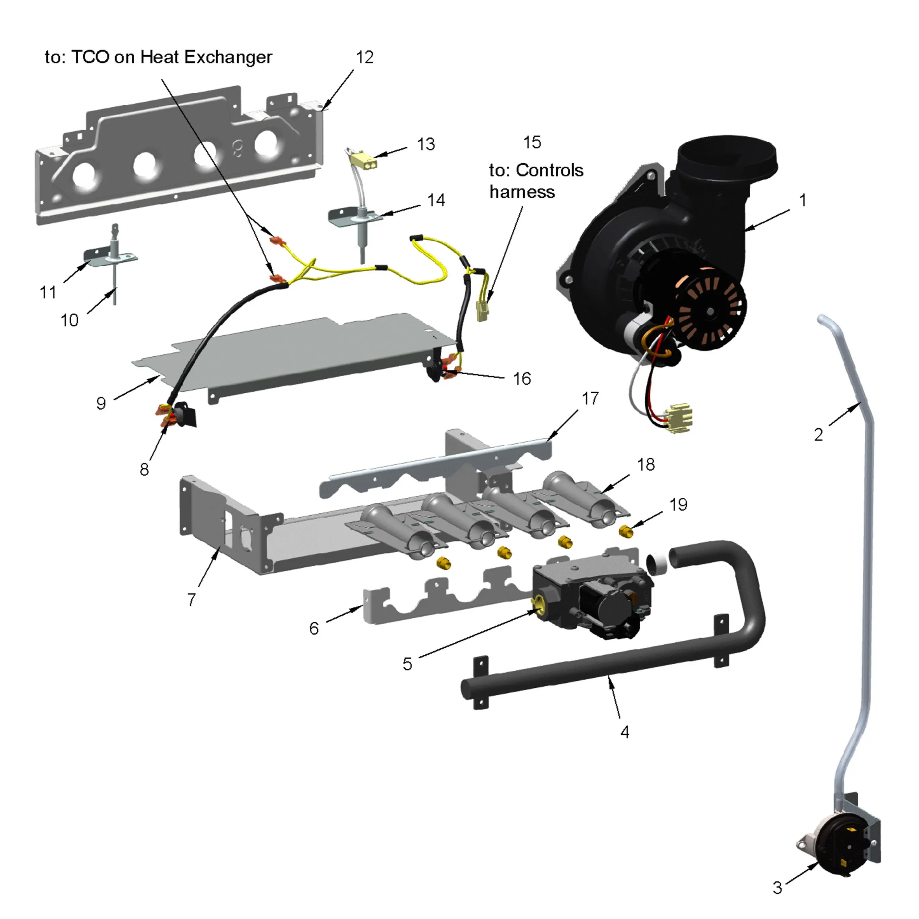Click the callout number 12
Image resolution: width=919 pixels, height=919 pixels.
pos(365,57)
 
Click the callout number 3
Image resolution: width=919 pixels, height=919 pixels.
pos(777,887)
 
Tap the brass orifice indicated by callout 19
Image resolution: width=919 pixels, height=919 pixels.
pos(626,530)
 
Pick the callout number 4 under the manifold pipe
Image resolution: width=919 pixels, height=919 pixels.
pos(625,732)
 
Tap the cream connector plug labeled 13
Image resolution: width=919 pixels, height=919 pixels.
pos(364,161)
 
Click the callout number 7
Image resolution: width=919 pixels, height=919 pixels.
pos(191,599)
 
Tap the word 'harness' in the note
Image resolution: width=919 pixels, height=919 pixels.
pos(522,192)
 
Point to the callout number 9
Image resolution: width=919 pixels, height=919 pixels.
pos(101,403)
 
